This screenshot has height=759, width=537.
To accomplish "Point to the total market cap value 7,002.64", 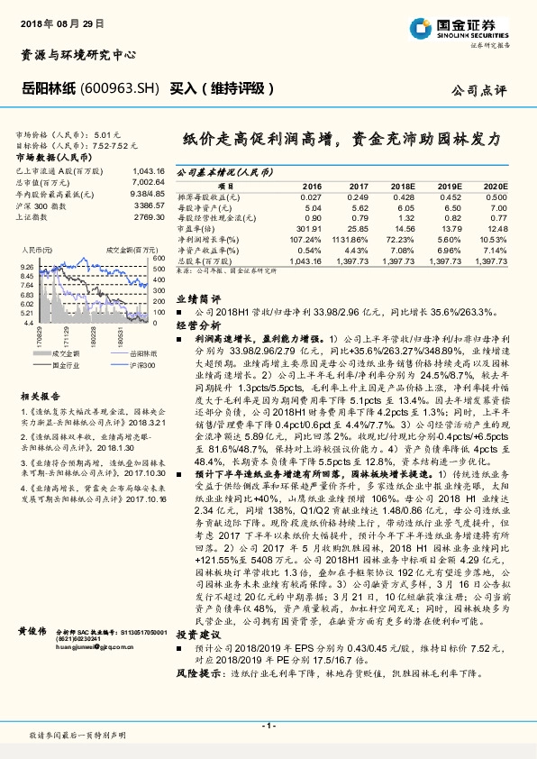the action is [x=146, y=181].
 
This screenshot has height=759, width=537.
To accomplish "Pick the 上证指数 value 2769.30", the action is [x=148, y=216].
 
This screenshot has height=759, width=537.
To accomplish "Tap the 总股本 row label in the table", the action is [x=204, y=260].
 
